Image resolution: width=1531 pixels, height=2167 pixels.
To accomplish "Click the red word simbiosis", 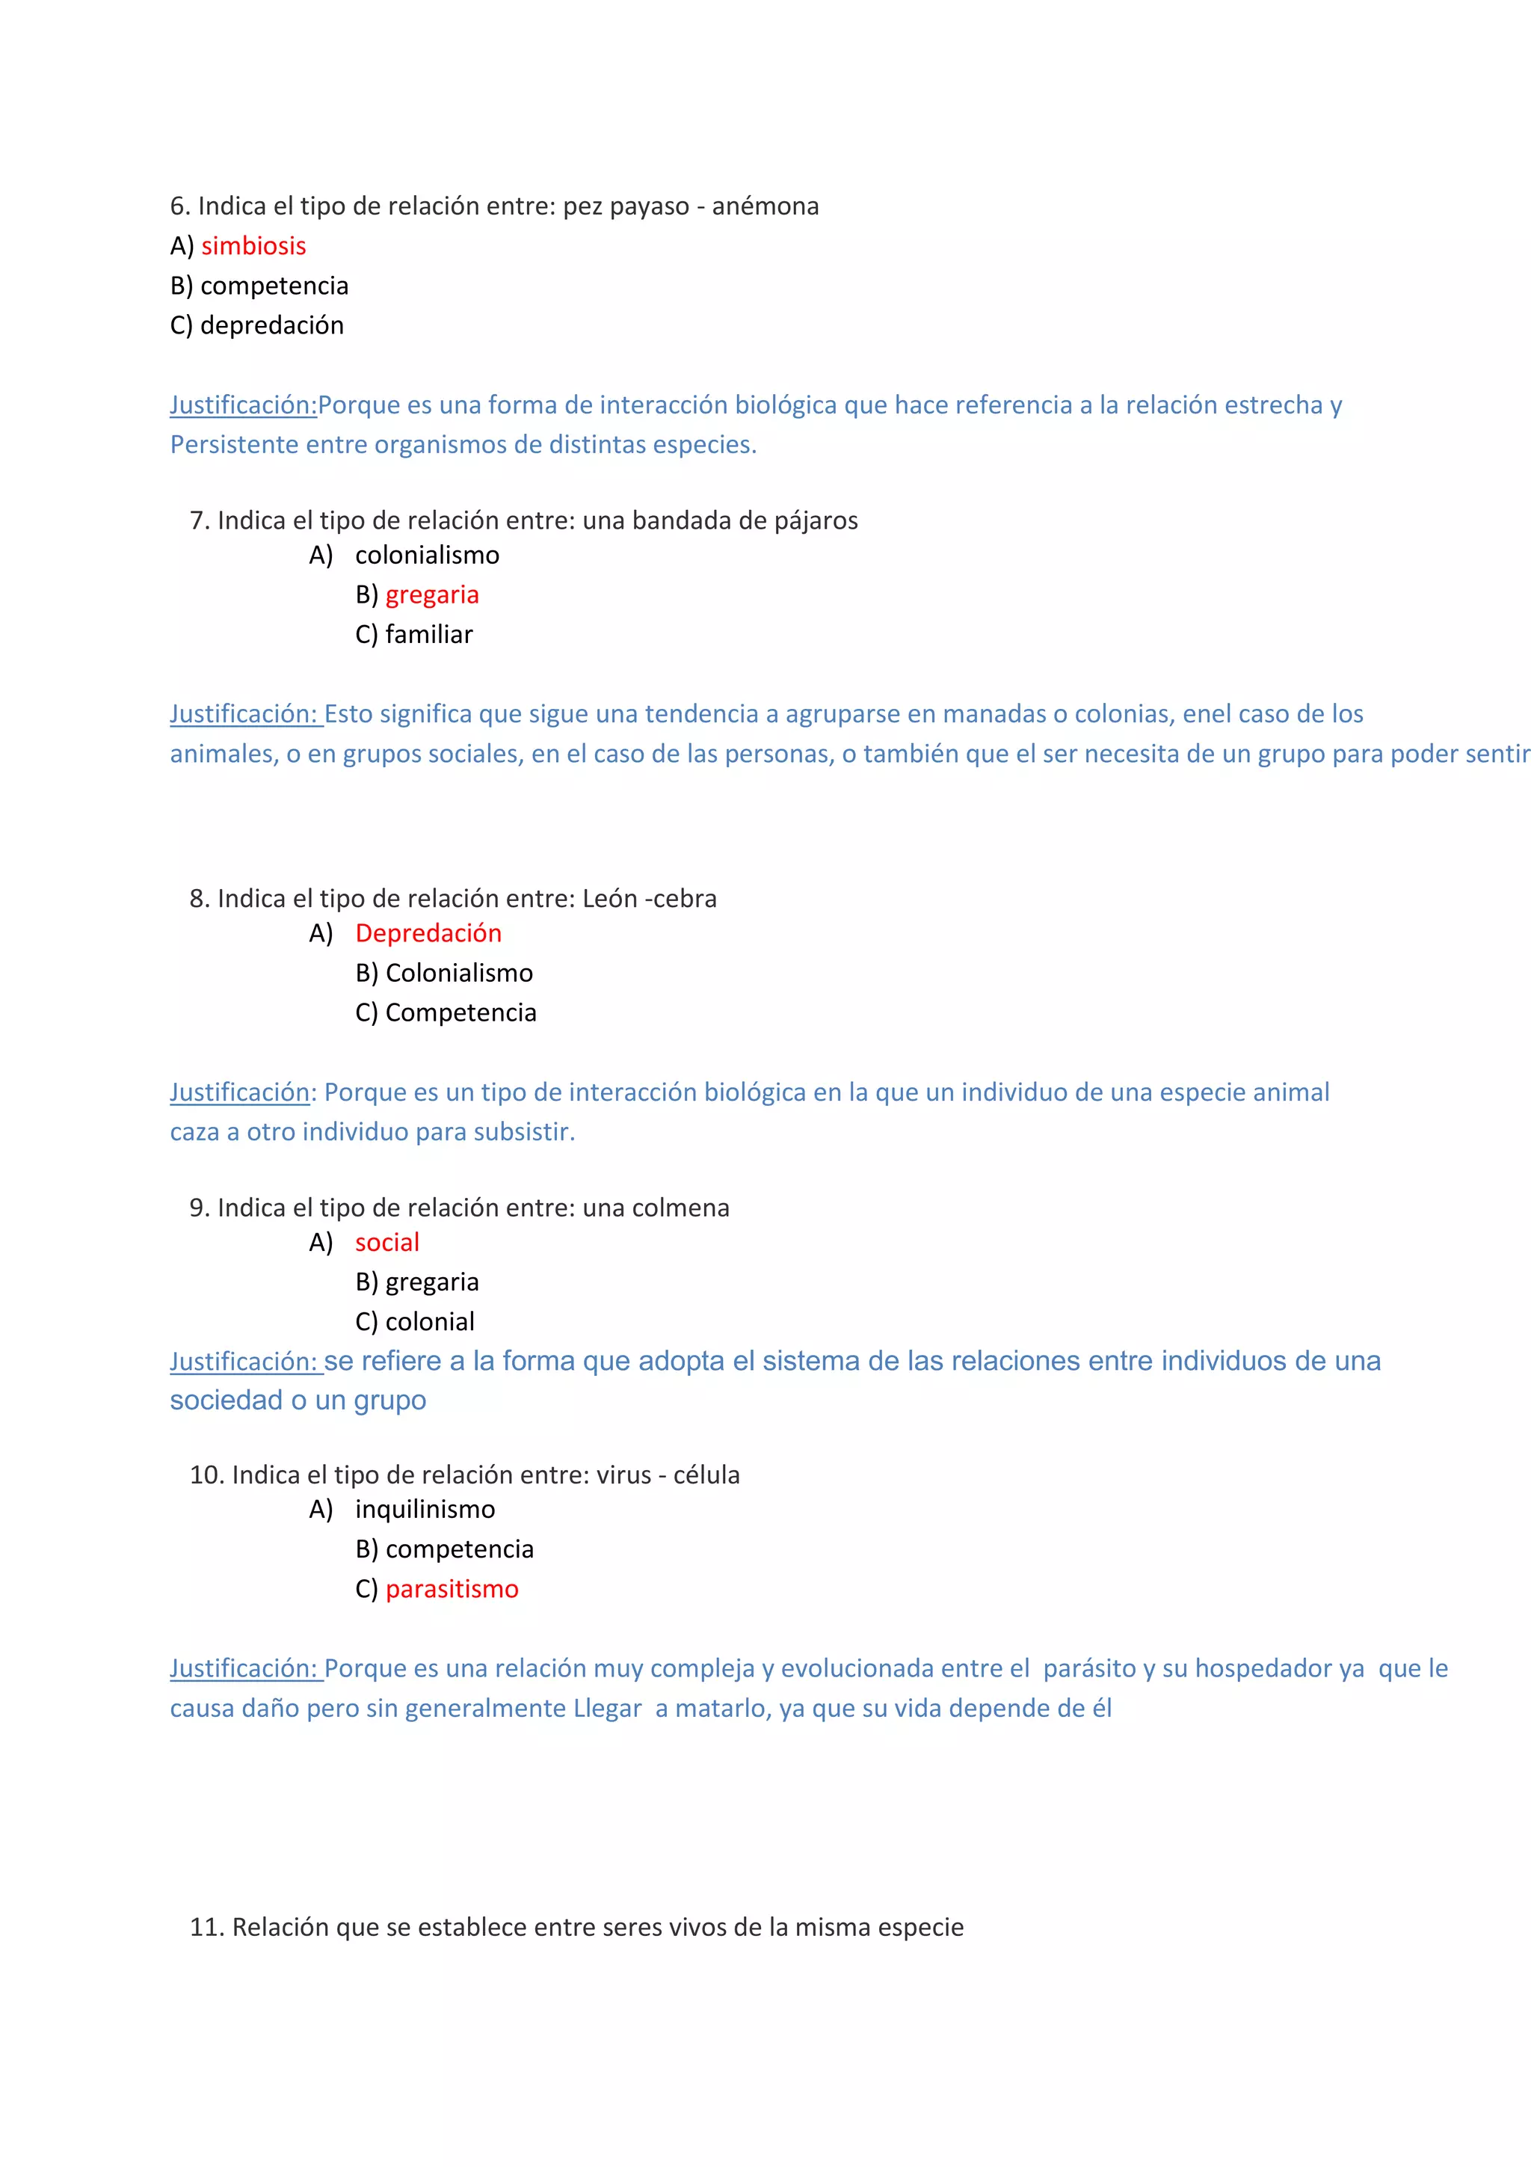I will [253, 246].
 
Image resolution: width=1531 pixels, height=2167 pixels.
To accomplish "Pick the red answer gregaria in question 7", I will [432, 594].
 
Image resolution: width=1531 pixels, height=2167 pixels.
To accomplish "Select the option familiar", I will [428, 634].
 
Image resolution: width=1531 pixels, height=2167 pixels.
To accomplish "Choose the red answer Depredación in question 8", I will [428, 933].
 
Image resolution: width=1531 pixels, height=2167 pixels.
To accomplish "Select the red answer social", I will [386, 1243].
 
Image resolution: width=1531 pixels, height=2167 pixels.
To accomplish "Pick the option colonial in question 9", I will [429, 1322].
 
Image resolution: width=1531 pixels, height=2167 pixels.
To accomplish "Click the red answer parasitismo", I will [452, 1590].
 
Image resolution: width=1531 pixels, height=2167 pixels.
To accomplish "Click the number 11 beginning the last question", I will [205, 1927].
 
